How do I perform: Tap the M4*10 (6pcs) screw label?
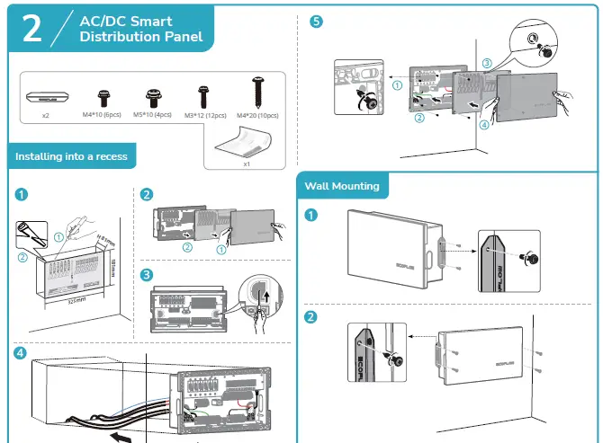[x=103, y=116]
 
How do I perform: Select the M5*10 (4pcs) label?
[x=152, y=116]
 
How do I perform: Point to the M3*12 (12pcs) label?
[x=204, y=116]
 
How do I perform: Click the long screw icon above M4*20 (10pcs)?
[x=256, y=93]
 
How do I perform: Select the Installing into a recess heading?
[x=70, y=156]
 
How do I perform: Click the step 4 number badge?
[x=21, y=352]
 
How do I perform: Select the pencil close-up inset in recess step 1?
[x=35, y=240]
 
